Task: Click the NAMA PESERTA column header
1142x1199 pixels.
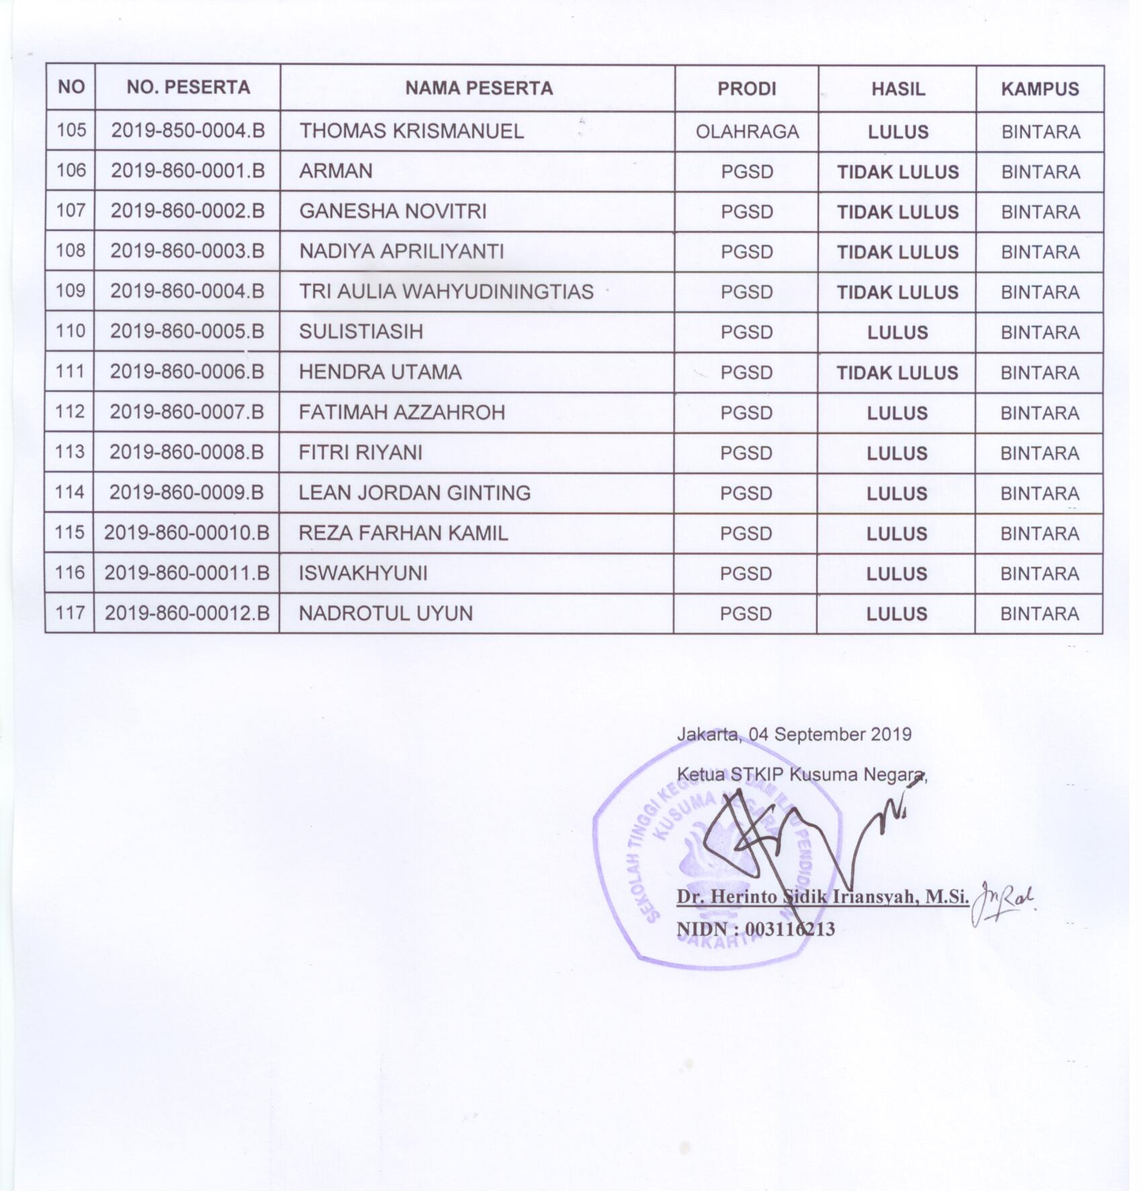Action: pyautogui.click(x=478, y=88)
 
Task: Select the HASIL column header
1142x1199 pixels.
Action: pyautogui.click(x=897, y=89)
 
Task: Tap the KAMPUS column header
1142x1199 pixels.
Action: pyautogui.click(x=1039, y=89)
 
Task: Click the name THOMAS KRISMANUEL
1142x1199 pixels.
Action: pyautogui.click(x=411, y=131)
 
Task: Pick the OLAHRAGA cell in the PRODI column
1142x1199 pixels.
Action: pyautogui.click(x=747, y=132)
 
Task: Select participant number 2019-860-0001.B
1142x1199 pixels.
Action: pyautogui.click(x=187, y=171)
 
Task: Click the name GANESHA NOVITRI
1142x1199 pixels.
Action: pyautogui.click(x=392, y=212)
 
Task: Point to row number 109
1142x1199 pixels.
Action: pyautogui.click(x=71, y=291)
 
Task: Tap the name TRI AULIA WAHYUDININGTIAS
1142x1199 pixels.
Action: pyautogui.click(x=446, y=292)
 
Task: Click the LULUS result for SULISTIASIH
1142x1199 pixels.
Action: pyautogui.click(x=897, y=332)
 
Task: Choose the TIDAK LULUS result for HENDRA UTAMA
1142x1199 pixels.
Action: pyautogui.click(x=897, y=373)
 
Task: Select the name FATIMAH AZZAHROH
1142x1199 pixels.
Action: pyautogui.click(x=401, y=412)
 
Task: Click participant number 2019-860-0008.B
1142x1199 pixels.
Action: pyautogui.click(x=187, y=452)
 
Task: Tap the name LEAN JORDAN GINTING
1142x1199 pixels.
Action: pyautogui.click(x=414, y=493)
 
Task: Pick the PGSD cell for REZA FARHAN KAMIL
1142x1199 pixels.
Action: pyautogui.click(x=746, y=533)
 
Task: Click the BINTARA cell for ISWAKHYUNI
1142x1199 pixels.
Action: pyautogui.click(x=1039, y=574)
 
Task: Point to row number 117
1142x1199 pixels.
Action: pyautogui.click(x=70, y=613)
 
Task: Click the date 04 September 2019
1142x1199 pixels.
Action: pyautogui.click(x=830, y=734)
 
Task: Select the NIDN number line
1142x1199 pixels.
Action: pyautogui.click(x=755, y=929)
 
